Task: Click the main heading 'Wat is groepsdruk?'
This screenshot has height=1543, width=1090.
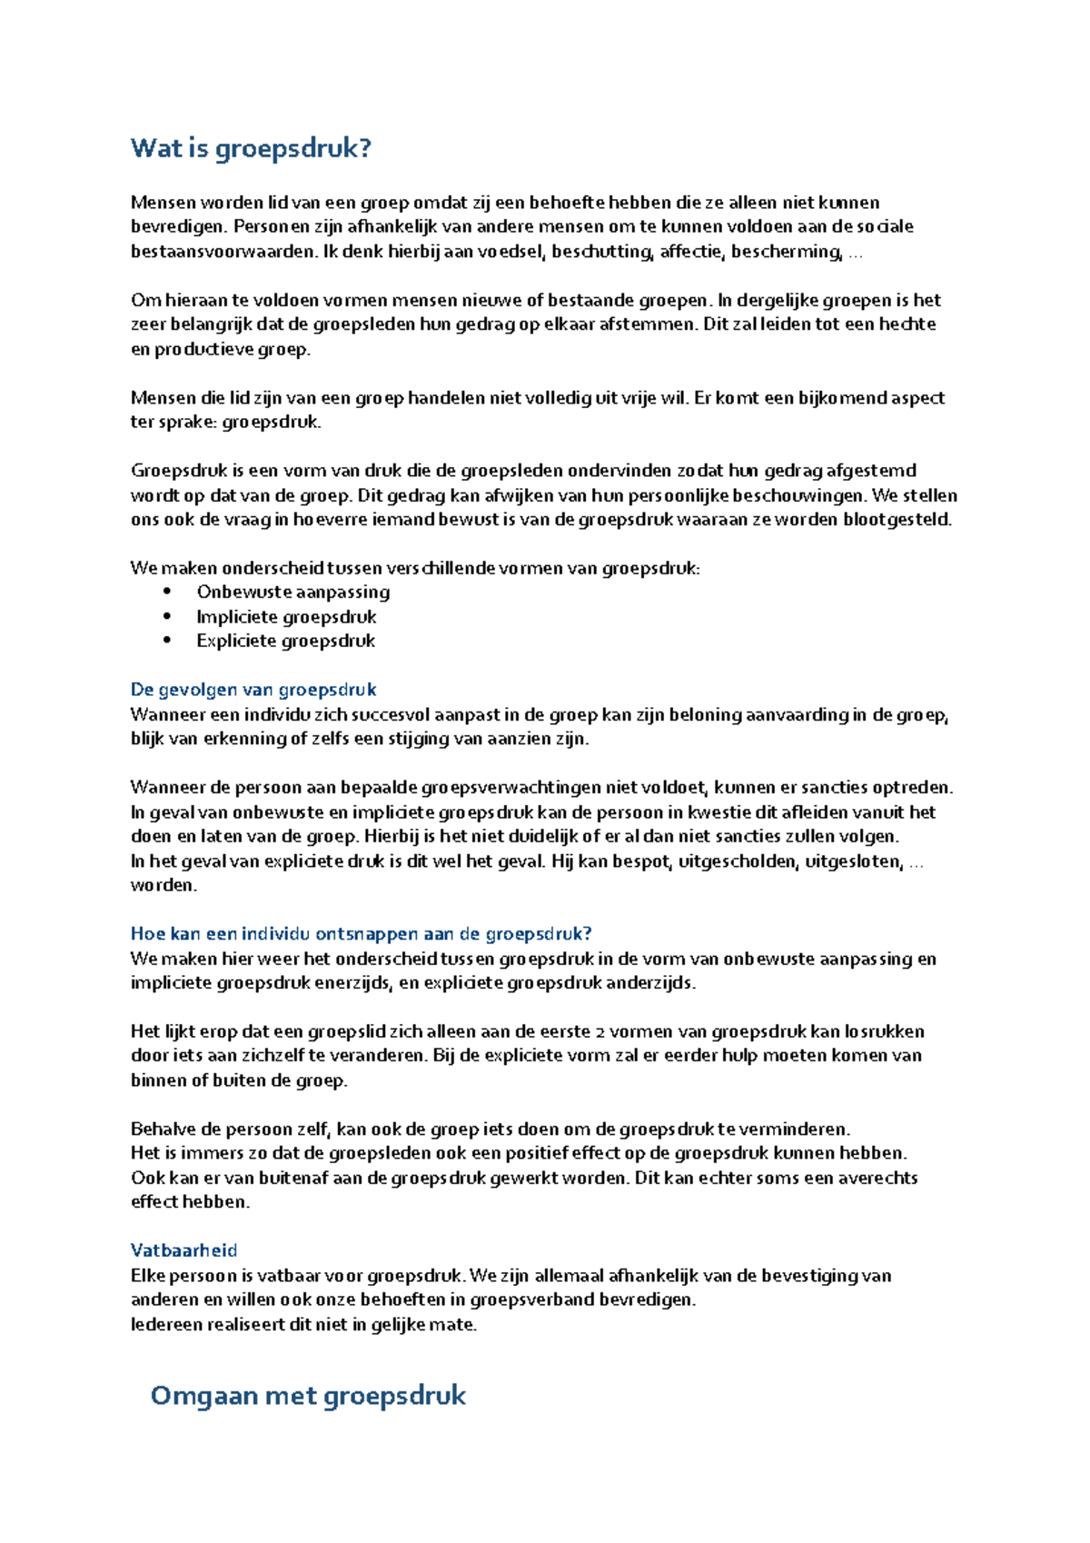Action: pyautogui.click(x=251, y=148)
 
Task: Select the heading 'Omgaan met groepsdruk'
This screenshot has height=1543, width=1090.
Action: pyautogui.click(x=308, y=1395)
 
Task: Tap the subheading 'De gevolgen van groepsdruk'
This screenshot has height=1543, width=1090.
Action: pyautogui.click(x=253, y=689)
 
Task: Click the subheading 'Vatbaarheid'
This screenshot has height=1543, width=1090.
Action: pyautogui.click(x=183, y=1250)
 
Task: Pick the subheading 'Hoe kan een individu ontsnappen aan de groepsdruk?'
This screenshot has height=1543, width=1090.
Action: pyautogui.click(x=361, y=933)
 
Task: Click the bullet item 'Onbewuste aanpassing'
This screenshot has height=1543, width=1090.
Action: pyautogui.click(x=292, y=592)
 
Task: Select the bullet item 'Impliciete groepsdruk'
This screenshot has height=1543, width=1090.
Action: pyautogui.click(x=286, y=616)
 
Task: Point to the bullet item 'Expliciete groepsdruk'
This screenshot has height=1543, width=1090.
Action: pyautogui.click(x=285, y=641)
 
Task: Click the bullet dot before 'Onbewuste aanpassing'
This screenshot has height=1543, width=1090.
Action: pyautogui.click(x=167, y=592)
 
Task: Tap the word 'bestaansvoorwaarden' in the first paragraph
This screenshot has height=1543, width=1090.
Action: pyautogui.click(x=222, y=252)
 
